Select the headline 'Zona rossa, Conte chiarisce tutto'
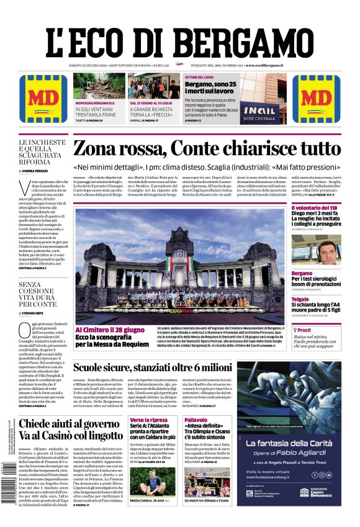tap(207, 149)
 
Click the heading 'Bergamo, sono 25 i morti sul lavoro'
tap(210, 88)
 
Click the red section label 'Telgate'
tap(300, 300)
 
